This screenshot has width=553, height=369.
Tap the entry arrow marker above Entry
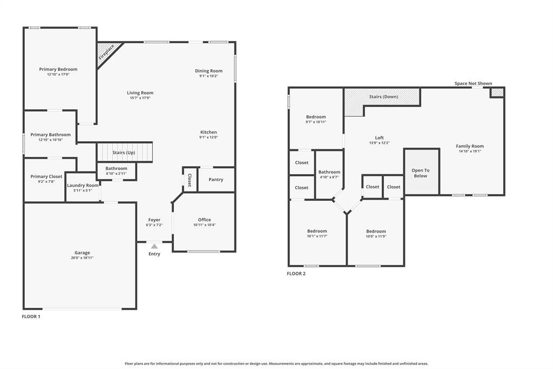pos(154,246)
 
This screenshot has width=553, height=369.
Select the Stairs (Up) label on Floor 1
pos(124,153)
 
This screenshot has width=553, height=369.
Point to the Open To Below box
pos(421,173)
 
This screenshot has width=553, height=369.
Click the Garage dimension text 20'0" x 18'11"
pos(82,258)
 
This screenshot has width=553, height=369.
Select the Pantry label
pos(215,180)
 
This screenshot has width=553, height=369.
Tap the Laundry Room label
pos(83,186)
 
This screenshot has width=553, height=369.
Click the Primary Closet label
pos(46,176)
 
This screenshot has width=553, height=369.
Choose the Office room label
pos(204,220)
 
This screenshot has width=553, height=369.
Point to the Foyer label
pos(154,220)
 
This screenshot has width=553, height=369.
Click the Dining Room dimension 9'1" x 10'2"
pos(208,76)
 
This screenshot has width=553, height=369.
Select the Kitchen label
pos(208,132)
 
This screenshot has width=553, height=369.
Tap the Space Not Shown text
pos(473,83)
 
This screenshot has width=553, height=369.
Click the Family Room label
pos(470,146)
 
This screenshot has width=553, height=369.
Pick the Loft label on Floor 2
pos(380,138)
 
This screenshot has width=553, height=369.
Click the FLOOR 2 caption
pos(296,274)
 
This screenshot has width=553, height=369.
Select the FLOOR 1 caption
pos(31,317)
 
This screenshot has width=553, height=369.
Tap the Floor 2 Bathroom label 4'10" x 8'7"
pos(329,177)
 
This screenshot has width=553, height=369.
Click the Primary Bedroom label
pos(58,69)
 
